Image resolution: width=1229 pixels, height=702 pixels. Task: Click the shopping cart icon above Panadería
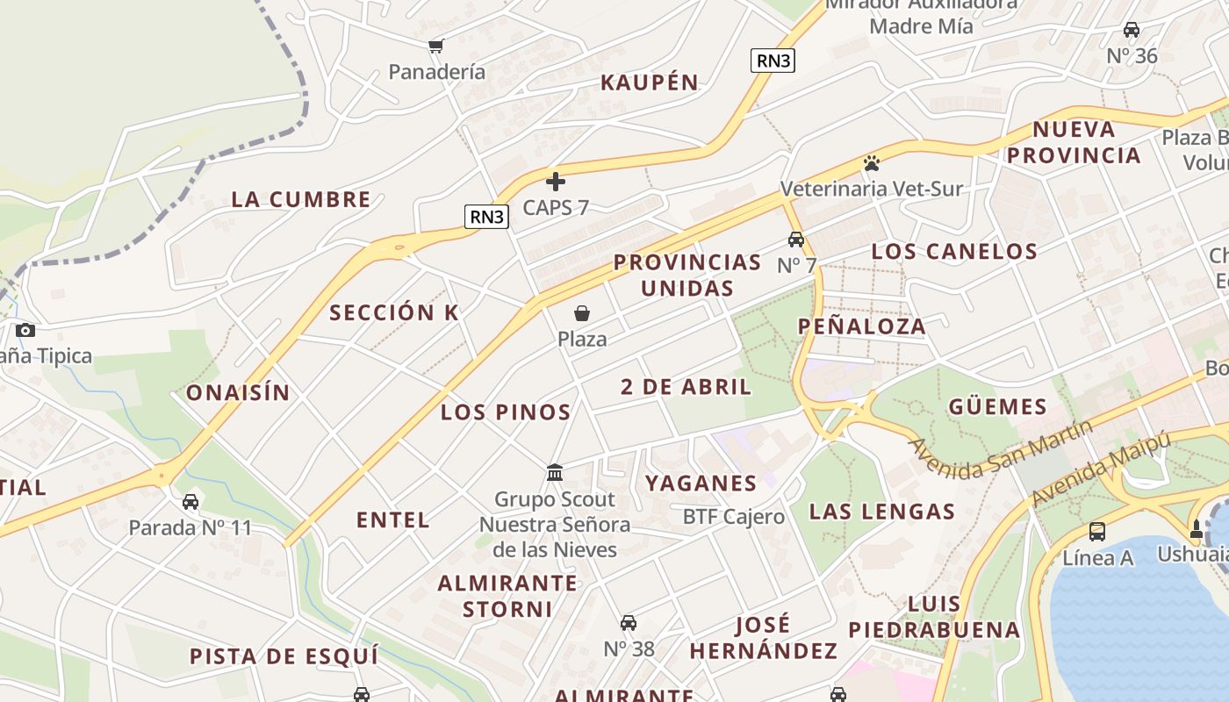click(x=435, y=46)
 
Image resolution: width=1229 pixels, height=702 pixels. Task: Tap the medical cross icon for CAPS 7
click(x=555, y=182)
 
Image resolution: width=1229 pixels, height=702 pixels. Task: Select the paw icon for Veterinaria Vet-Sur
click(x=871, y=163)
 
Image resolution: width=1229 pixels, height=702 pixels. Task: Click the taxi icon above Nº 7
click(x=796, y=240)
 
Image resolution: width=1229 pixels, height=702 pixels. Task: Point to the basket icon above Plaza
click(x=581, y=313)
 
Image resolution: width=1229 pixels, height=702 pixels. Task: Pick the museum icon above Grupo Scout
click(x=555, y=473)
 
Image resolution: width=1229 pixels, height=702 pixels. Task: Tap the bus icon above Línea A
click(x=1097, y=531)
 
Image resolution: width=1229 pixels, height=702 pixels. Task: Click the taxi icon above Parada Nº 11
click(x=190, y=502)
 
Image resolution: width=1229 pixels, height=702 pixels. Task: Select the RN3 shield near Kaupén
click(x=773, y=61)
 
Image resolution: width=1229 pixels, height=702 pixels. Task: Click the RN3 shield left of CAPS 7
click(x=486, y=217)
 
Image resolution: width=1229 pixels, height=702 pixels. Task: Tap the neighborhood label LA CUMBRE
click(x=301, y=199)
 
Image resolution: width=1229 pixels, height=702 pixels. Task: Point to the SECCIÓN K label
click(x=394, y=312)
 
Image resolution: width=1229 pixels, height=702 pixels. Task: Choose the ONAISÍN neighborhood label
click(x=238, y=392)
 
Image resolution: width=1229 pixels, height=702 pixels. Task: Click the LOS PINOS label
click(x=506, y=412)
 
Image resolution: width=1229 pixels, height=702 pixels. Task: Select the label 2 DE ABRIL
click(x=686, y=386)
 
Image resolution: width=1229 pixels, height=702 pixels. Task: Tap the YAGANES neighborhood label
click(x=701, y=483)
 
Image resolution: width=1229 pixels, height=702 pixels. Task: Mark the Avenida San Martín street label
click(x=1002, y=449)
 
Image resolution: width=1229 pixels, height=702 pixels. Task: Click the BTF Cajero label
click(x=734, y=517)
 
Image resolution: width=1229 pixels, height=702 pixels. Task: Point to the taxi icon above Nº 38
click(x=629, y=623)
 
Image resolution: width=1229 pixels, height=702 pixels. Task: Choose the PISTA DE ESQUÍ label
click(x=284, y=656)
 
